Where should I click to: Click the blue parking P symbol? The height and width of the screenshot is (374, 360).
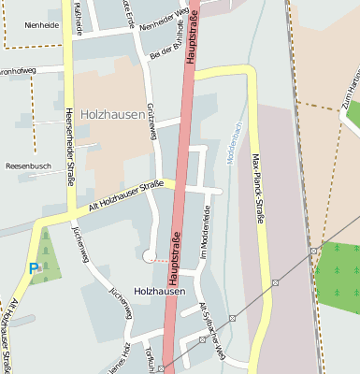click(x=35, y=268)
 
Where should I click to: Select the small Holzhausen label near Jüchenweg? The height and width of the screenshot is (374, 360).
click(x=159, y=292)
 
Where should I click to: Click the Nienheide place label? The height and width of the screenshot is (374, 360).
click(x=42, y=25)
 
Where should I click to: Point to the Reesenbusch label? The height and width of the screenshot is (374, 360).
click(x=28, y=165)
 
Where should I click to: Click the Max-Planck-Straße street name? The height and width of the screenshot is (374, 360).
click(x=258, y=186)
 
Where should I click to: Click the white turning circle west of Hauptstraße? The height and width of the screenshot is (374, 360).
click(x=148, y=255)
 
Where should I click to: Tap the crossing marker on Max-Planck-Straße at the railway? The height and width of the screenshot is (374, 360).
click(x=275, y=281)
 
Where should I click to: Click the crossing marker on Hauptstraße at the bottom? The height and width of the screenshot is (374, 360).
click(x=161, y=368)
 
